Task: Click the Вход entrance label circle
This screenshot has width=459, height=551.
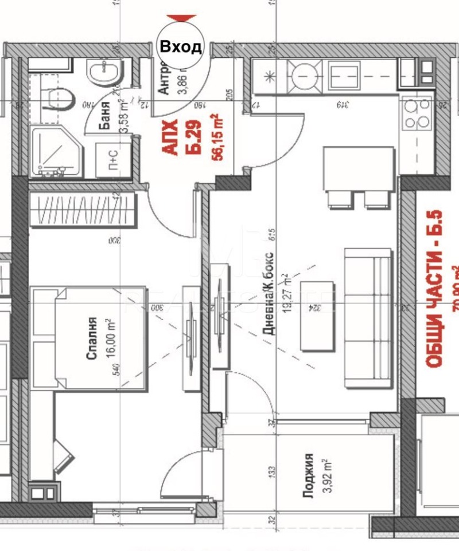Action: [180, 46]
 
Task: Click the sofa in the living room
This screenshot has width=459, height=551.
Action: [368, 318]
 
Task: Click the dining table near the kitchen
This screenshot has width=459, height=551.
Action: [359, 169]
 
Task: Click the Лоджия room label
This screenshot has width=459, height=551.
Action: [309, 476]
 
